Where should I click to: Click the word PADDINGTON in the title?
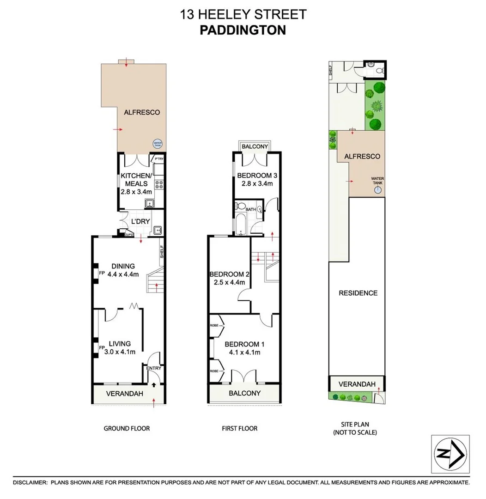click(243, 30)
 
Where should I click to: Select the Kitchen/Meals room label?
click(136, 180)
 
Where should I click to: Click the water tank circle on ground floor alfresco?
click(158, 144)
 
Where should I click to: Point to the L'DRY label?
click(141, 221)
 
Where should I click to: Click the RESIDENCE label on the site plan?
click(358, 293)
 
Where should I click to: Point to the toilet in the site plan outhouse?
click(379, 71)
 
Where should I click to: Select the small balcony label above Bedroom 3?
click(255, 146)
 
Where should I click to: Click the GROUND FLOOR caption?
click(126, 428)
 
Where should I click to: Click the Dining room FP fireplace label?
click(101, 273)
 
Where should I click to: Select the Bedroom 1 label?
click(245, 344)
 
